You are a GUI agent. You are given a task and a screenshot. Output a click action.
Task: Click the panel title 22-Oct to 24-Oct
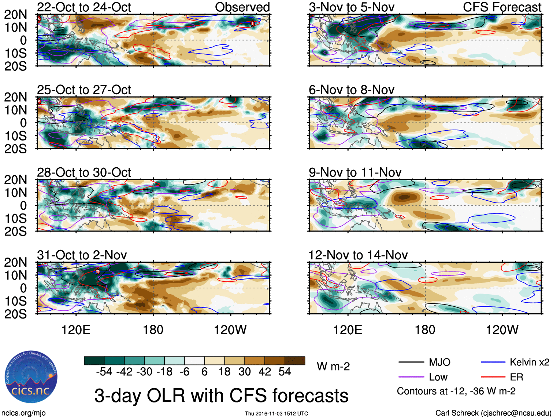point(84,7)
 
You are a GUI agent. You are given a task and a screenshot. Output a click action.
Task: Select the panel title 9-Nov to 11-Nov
point(355,172)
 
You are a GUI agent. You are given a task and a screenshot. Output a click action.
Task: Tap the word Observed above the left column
point(242,7)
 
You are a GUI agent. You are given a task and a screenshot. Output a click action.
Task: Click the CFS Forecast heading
point(502,7)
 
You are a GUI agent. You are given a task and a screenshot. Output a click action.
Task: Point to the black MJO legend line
point(411,362)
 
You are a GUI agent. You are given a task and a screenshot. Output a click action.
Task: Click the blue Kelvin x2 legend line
point(493,362)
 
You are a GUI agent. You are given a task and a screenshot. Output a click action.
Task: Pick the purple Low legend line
point(411,377)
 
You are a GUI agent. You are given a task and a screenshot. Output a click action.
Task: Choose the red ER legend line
point(493,377)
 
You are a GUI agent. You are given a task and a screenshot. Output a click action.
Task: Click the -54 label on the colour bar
point(104,372)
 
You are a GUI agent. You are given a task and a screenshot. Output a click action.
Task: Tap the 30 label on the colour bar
point(245,372)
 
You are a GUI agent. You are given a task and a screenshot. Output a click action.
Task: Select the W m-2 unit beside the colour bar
point(333,367)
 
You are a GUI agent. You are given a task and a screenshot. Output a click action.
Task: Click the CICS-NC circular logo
point(31,377)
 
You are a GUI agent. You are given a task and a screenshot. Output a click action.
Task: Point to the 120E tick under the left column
point(76,330)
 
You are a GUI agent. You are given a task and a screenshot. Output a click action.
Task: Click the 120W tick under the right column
point(502,330)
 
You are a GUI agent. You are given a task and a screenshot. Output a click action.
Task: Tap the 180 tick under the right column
point(425,330)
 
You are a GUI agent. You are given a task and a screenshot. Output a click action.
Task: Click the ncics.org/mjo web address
point(23,413)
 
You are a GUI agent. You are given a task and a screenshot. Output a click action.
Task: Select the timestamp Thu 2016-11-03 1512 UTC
point(276,413)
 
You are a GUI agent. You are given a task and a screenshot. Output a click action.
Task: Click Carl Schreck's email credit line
point(493,413)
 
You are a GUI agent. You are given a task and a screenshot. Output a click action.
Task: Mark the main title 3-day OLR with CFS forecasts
point(221,396)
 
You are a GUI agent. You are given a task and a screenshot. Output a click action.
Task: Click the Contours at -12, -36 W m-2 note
point(456,391)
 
